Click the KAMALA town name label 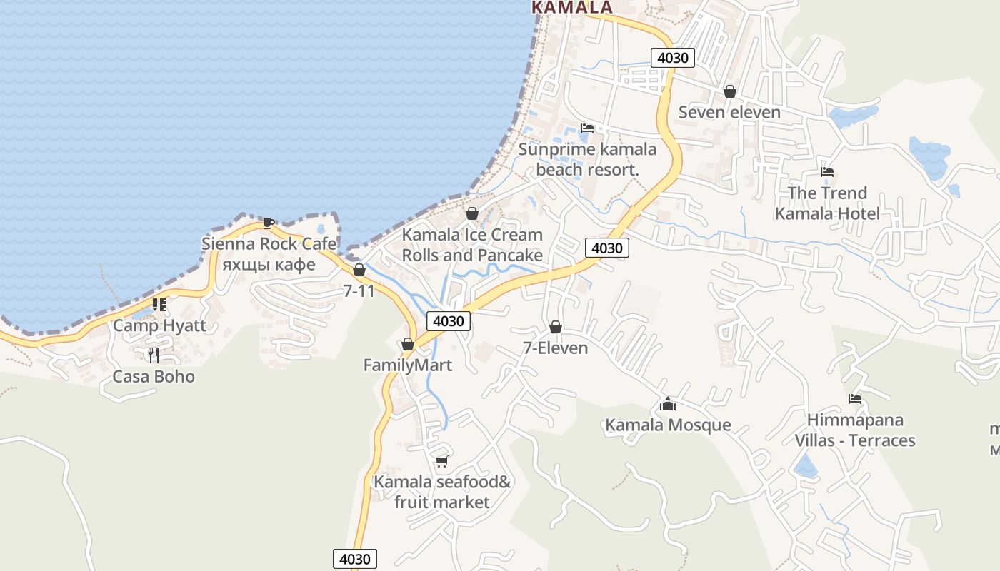(x=572, y=7)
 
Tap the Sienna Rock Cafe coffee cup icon (x=268, y=223)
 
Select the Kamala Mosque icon (x=668, y=405)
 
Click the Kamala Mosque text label (x=668, y=425)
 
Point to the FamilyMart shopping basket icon (x=408, y=345)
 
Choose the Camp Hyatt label (x=159, y=326)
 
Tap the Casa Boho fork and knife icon (x=153, y=355)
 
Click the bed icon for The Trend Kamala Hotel (x=827, y=172)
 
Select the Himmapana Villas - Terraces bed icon (x=855, y=399)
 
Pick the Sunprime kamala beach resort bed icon (x=587, y=128)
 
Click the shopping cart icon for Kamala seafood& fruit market (x=442, y=462)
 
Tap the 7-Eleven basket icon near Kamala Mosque (x=556, y=328)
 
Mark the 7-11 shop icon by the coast (x=359, y=271)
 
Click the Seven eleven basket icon (x=730, y=91)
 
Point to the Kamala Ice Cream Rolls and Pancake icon (x=471, y=213)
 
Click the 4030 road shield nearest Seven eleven (x=673, y=58)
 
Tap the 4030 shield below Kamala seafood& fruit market (x=355, y=558)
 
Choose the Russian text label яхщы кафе (x=269, y=265)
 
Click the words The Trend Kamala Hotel (x=827, y=203)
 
